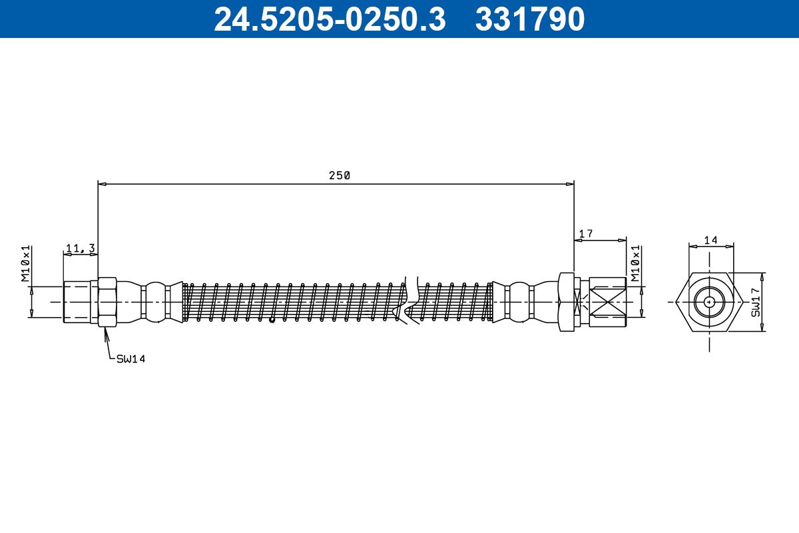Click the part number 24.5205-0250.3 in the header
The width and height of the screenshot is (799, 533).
tap(329, 19)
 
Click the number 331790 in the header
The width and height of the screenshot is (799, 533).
tap(530, 19)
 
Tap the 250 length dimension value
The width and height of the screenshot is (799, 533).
tap(339, 176)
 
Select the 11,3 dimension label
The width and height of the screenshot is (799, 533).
tap(80, 249)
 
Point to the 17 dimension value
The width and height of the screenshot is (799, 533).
tap(586, 234)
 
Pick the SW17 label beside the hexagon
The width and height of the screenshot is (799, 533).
tap(756, 302)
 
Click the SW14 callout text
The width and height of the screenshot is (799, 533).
tap(131, 359)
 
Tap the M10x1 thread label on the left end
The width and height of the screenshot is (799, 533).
tap(27, 264)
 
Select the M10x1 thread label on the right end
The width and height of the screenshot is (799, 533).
tap(637, 263)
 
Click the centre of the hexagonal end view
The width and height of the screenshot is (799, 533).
tap(710, 302)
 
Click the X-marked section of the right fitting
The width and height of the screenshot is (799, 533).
tap(607, 302)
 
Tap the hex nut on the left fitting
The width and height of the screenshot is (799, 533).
tap(107, 302)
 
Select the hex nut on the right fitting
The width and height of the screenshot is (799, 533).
tap(567, 302)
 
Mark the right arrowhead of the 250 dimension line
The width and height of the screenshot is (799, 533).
tap(570, 183)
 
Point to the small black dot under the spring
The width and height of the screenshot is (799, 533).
tap(272, 320)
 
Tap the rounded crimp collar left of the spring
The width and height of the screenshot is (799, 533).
tap(155, 302)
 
